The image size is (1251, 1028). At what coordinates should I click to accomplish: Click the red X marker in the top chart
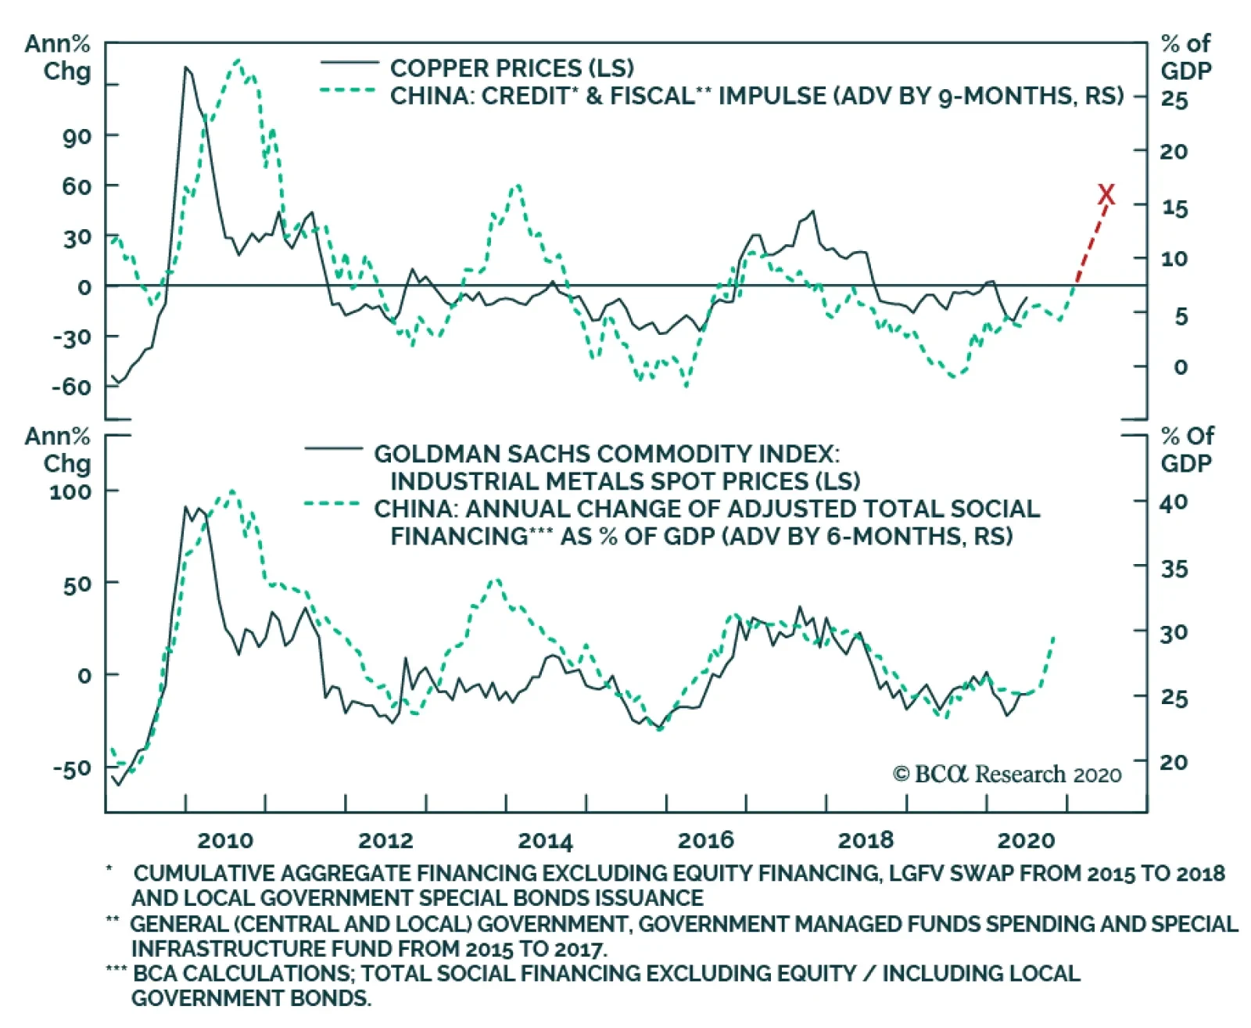pos(1106,194)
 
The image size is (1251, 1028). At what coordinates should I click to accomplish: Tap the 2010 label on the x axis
pos(225,840)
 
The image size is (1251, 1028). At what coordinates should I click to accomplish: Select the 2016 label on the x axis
pos(705,840)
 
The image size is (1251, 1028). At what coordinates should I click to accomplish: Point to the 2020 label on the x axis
pos(1026,840)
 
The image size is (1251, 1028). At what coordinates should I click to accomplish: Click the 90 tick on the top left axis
pos(76,136)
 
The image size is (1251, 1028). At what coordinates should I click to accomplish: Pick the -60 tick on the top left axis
pos(71,387)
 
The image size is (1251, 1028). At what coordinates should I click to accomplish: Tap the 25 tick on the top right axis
pos(1174,100)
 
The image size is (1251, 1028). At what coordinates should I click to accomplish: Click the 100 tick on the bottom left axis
pos(70,492)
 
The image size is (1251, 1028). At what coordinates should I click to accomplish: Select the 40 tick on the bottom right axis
pos(1174,502)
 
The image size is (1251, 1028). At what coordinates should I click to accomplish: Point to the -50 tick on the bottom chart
pos(71,767)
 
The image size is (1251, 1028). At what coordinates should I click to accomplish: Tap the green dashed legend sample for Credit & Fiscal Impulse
pos(349,91)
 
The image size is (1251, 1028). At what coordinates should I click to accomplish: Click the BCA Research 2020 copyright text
pos(1007,775)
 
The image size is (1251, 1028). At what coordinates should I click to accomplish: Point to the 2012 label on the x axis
pos(385,840)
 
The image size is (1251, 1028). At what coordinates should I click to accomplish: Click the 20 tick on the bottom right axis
pos(1174,761)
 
